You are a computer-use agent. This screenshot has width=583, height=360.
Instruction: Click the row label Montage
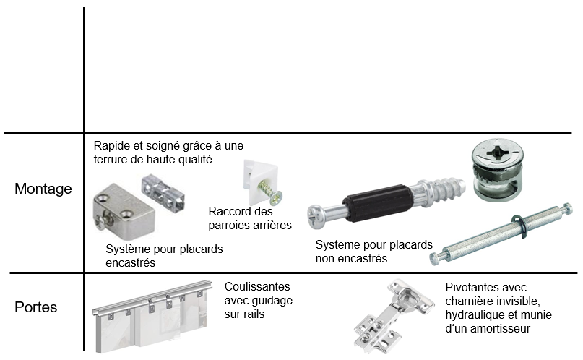pos(43,189)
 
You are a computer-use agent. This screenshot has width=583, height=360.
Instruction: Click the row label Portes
pos(35,307)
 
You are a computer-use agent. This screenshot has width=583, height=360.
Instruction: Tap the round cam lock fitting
pos(498,170)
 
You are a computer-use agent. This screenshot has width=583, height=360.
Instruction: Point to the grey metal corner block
pos(124,208)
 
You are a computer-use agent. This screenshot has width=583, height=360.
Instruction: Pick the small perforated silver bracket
pos(163,192)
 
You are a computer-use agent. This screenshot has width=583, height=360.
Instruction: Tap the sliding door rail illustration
pos(152,316)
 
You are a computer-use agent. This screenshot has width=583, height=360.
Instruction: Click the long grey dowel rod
pos(501,234)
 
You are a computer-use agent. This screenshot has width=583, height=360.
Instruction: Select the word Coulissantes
pos(257,287)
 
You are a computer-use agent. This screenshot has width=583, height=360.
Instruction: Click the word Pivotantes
pos(469,288)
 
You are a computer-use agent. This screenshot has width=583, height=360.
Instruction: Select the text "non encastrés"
pos(351,259)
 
